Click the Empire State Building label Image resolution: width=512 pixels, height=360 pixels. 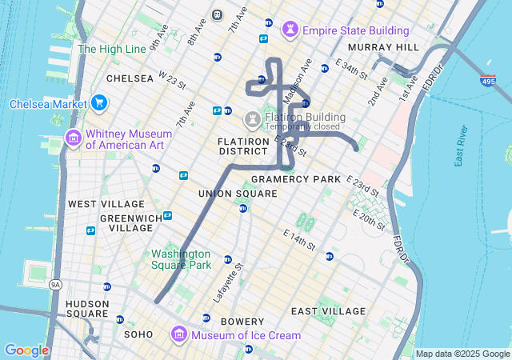click(356, 30)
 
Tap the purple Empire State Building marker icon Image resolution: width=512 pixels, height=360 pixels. click(290, 30)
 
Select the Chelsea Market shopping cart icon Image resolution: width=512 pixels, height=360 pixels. click(99, 103)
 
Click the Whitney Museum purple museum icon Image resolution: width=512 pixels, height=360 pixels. click(74, 139)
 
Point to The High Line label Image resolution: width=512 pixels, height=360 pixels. click(112, 49)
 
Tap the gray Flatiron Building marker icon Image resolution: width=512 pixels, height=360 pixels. click(253, 121)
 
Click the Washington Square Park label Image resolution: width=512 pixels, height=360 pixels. click(182, 259)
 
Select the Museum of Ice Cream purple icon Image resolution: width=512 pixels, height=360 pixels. click(179, 334)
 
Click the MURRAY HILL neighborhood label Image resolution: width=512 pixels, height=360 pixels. click(384, 48)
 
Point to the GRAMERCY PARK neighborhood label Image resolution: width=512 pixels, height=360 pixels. click(296, 179)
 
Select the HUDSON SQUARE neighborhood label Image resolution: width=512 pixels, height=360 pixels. click(87, 309)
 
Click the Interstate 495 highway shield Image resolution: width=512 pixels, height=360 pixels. click(488, 81)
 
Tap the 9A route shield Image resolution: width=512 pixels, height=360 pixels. click(55, 284)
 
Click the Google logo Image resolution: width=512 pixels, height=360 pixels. click(26, 350)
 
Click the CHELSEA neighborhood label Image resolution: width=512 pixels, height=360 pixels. click(130, 78)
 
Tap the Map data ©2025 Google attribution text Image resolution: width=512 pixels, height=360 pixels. click(462, 354)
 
